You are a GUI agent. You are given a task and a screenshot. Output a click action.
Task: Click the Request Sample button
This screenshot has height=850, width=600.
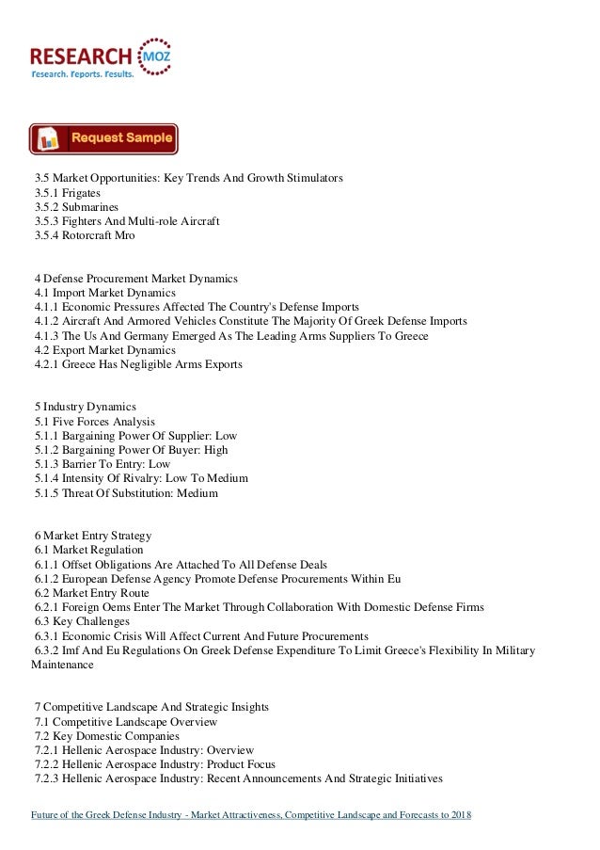(x=103, y=138)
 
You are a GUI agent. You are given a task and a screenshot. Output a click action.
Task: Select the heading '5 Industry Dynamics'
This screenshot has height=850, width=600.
(x=85, y=407)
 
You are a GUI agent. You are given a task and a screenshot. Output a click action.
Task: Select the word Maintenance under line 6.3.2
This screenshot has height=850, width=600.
(x=62, y=665)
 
